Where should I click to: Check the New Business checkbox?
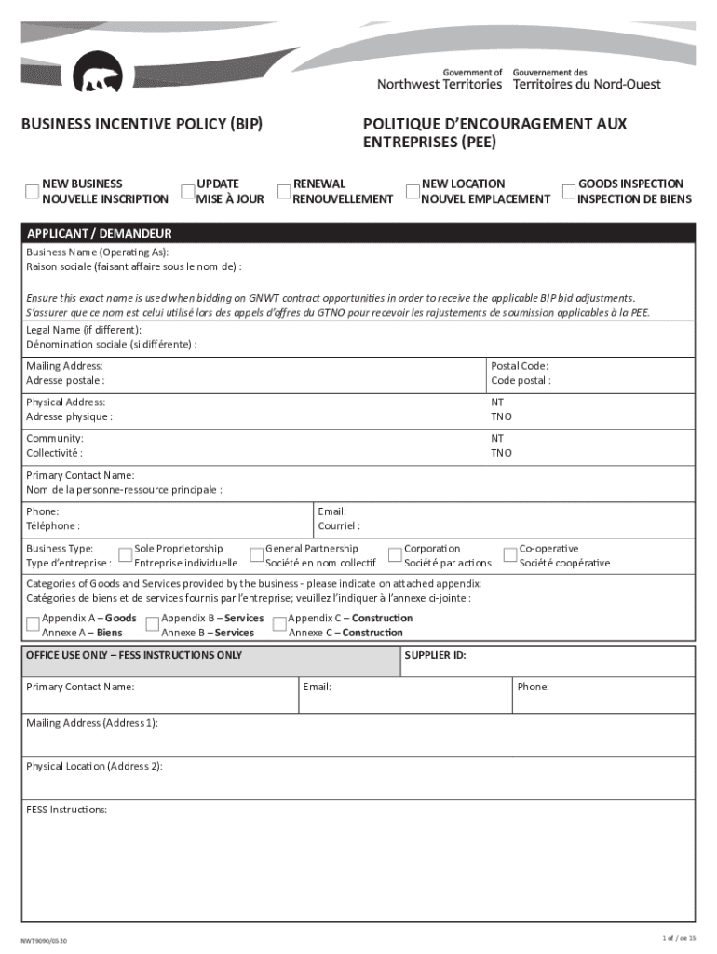33,191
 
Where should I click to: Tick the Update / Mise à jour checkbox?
187,191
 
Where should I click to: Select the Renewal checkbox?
285,191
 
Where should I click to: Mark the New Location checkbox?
413,191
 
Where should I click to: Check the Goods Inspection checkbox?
569,191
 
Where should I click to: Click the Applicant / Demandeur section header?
99,234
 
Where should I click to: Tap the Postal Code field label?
520,366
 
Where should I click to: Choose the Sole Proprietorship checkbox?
125,555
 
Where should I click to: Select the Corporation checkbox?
395,555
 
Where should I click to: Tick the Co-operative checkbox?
510,555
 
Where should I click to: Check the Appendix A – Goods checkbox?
33,624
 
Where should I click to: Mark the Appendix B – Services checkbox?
153,624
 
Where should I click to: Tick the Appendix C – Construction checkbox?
278,624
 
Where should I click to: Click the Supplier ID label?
436,655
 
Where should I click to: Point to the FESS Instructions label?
67,810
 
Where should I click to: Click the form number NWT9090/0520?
45,941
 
